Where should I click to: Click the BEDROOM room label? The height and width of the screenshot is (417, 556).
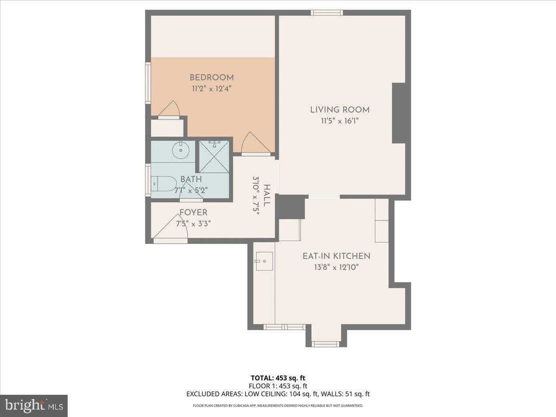211,77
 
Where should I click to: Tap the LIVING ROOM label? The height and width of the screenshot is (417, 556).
340,110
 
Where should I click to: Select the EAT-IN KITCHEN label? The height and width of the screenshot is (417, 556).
336,256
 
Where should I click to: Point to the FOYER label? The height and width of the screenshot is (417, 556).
193,212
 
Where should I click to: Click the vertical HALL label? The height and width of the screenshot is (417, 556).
267,195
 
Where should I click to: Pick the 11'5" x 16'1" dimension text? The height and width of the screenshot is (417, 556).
340,121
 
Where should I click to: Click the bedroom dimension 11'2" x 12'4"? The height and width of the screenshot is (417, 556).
211,89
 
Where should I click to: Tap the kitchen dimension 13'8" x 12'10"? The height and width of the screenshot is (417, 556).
336,267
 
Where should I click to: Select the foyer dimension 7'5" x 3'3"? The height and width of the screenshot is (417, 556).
193,224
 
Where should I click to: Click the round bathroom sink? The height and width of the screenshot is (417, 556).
181,150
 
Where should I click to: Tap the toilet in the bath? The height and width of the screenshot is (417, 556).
164,183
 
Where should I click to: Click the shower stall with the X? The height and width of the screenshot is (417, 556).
214,157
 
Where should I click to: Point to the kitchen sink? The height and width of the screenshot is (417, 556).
264,261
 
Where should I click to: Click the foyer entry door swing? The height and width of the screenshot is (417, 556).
170,227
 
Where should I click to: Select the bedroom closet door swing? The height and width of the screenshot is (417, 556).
169,108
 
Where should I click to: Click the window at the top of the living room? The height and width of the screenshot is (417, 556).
327,13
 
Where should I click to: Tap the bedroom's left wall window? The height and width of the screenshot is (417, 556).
148,83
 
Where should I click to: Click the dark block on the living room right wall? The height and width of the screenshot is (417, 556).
399,113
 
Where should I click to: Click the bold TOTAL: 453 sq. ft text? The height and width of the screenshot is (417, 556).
278,378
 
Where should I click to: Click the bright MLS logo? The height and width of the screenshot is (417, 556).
34,406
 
